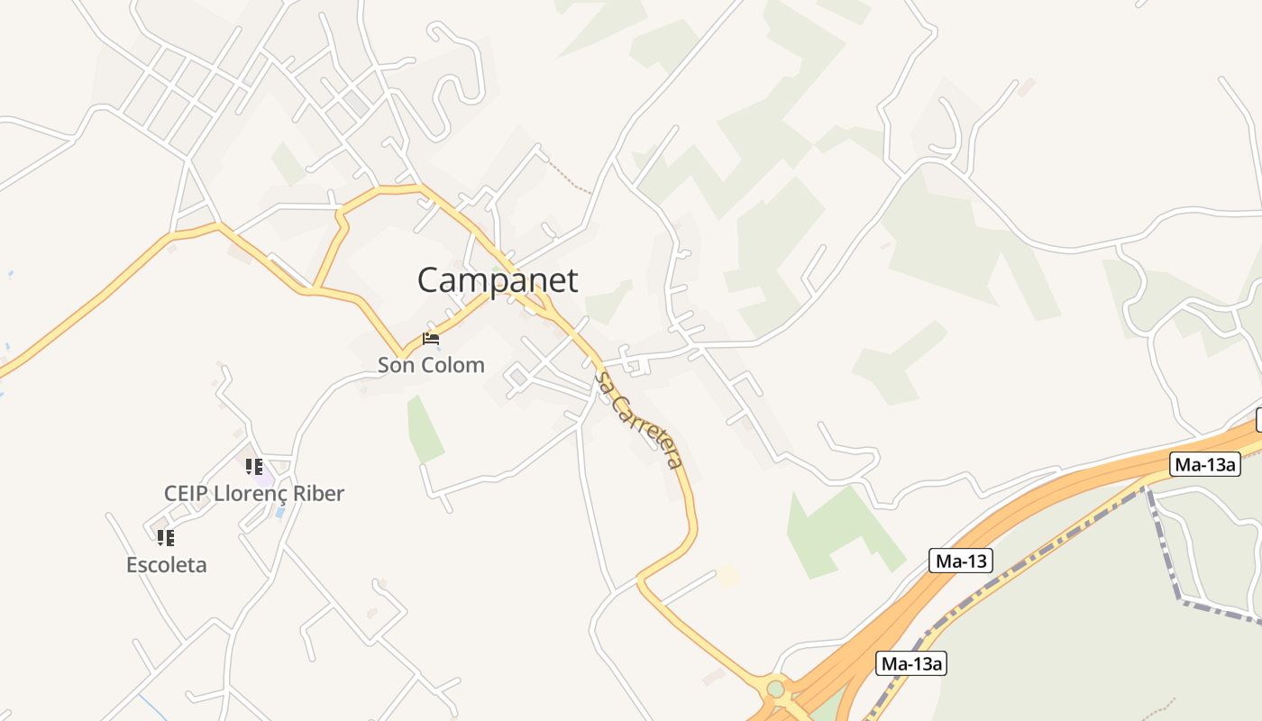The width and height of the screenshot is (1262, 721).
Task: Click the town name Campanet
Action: [x=497, y=280]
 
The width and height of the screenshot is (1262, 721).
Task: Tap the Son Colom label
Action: [x=431, y=365]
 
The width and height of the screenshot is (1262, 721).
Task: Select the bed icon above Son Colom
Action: [x=431, y=340]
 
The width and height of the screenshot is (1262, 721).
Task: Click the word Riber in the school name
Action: [x=315, y=494]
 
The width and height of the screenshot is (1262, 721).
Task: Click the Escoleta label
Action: [x=166, y=565]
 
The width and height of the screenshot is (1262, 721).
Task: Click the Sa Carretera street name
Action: [x=638, y=420]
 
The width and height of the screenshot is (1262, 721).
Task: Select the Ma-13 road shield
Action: [x=961, y=561]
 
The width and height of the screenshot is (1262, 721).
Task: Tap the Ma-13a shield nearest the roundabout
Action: [x=911, y=664]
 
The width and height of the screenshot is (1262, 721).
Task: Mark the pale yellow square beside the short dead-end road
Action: [x=727, y=576]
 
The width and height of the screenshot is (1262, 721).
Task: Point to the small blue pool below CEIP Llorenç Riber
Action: [x=279, y=511]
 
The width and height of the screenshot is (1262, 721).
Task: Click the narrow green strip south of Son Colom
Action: [x=424, y=428]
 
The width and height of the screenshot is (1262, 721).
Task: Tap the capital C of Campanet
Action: [x=429, y=280]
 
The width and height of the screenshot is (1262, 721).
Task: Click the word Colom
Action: [x=457, y=365]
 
